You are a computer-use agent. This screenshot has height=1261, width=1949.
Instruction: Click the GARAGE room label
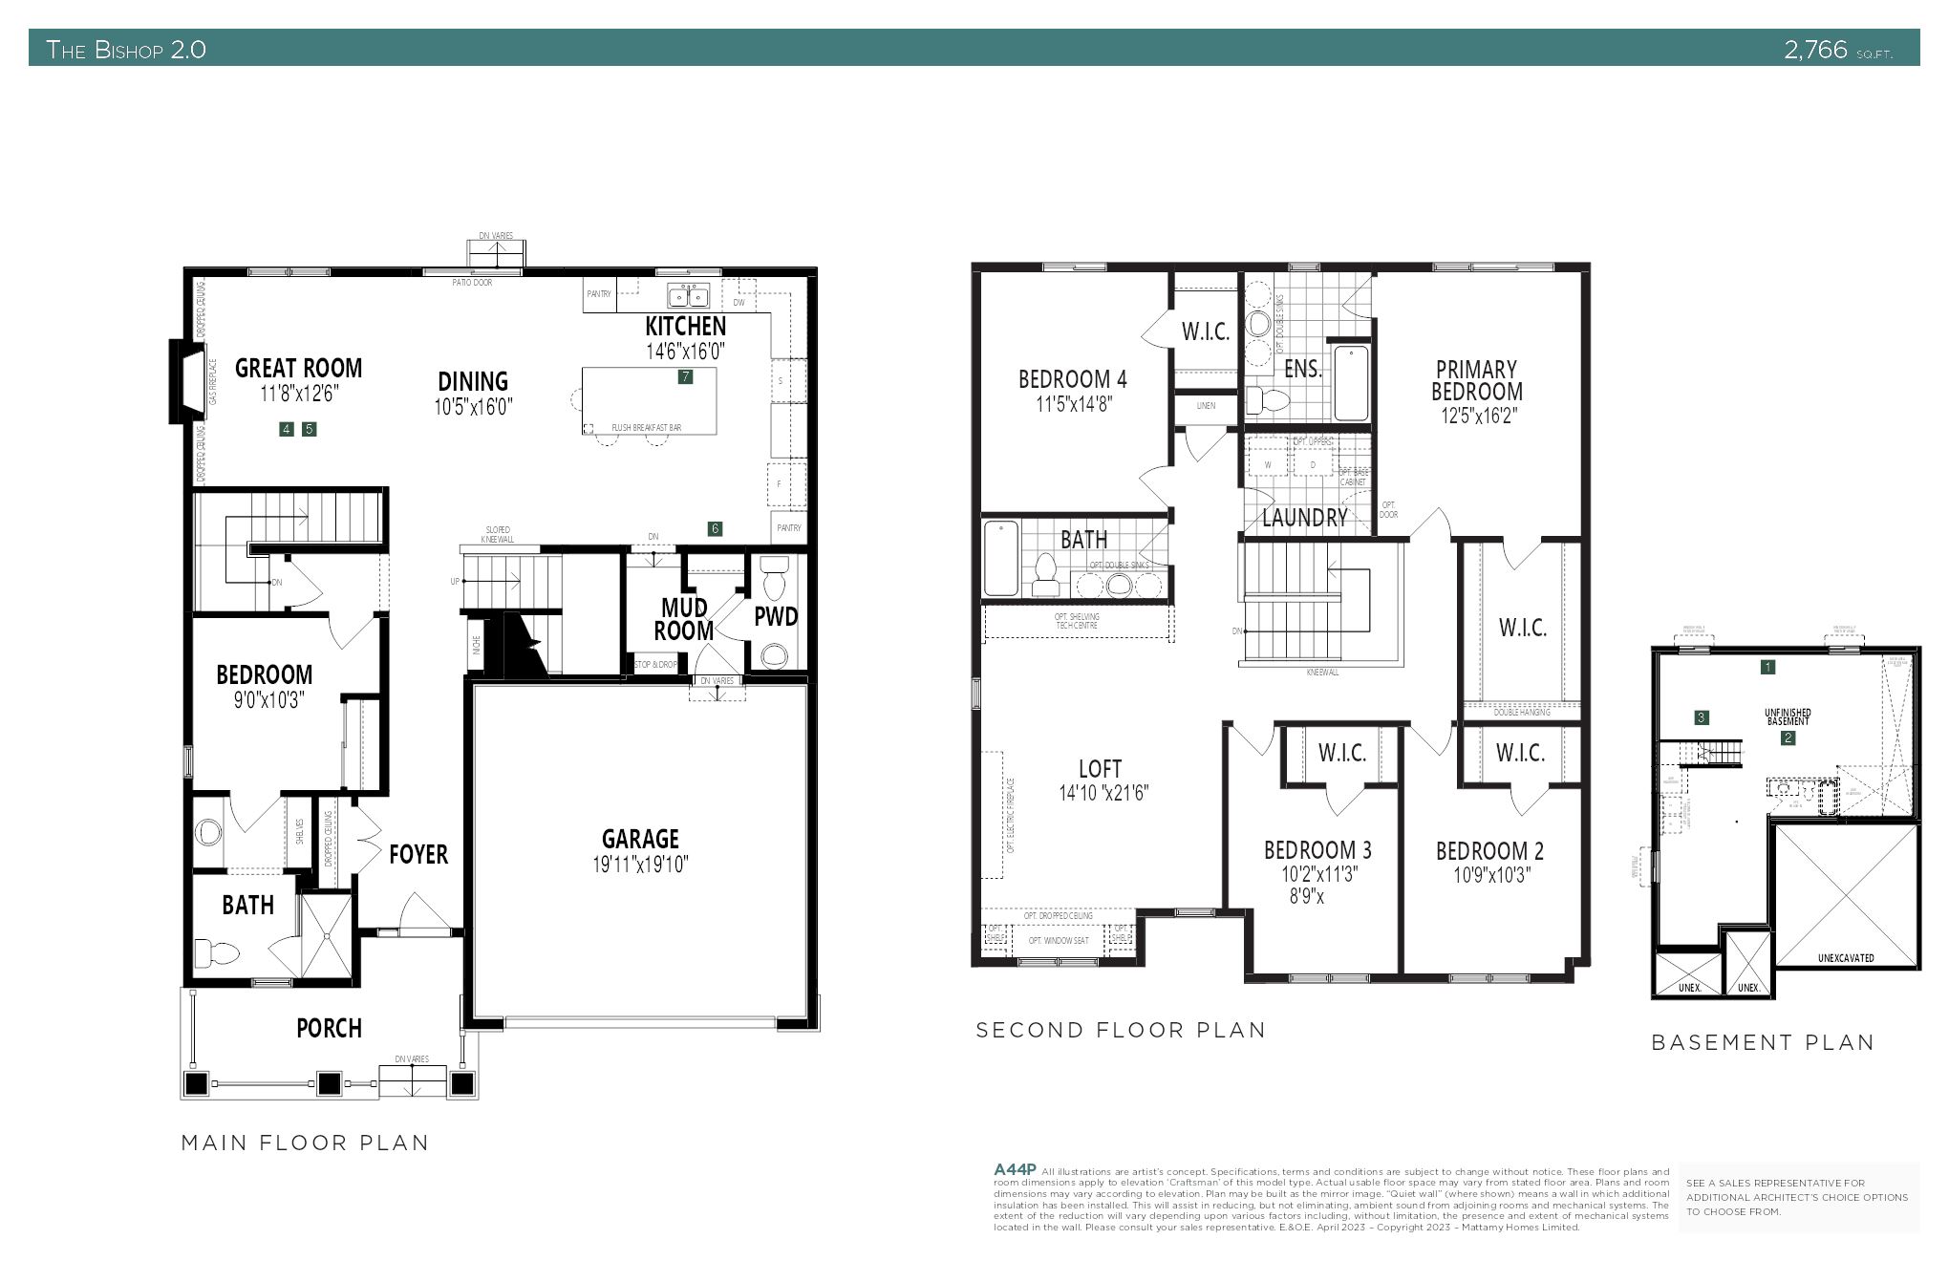coord(640,840)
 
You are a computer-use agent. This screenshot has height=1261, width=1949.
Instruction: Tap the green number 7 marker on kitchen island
coord(685,376)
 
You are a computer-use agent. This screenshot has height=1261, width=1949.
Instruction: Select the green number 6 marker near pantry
coord(715,528)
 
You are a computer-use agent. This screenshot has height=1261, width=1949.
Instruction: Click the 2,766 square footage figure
coord(1816,50)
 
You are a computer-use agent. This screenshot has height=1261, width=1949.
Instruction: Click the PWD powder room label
coord(775,617)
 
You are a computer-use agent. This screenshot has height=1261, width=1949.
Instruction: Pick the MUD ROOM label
coord(684,619)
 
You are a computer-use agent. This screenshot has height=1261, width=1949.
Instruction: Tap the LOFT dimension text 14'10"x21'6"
coord(1103,793)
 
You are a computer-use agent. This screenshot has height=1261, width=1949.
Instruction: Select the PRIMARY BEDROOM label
coord(1476,380)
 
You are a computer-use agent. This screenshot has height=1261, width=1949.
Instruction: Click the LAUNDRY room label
coord(1304,518)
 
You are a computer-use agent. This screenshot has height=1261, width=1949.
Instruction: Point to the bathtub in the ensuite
coord(1351,383)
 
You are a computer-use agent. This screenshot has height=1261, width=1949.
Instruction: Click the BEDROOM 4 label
coord(1072,379)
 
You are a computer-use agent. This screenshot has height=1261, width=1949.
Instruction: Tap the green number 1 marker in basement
coord(1767,667)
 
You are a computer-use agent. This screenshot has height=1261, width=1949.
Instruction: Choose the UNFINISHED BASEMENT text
coord(1788,716)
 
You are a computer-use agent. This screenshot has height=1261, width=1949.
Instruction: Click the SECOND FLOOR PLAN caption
coord(1121,1030)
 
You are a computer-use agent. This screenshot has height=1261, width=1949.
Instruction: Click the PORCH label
coord(329,1029)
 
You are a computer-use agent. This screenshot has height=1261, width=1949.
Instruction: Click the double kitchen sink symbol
coord(688,294)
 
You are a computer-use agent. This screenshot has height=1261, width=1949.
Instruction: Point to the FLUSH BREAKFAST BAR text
coord(647,428)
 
